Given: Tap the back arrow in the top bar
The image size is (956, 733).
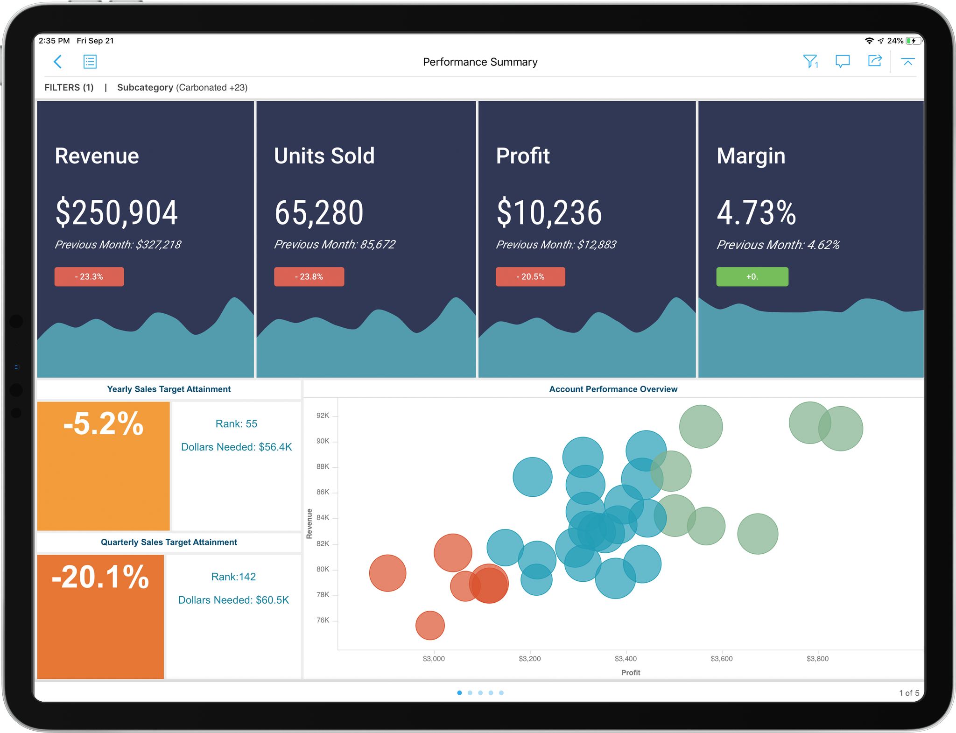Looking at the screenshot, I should (58, 62).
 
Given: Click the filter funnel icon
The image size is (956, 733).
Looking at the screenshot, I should (810, 61).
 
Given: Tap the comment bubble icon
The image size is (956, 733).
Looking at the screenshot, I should (842, 61).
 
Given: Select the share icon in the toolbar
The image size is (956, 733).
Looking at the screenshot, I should (874, 61).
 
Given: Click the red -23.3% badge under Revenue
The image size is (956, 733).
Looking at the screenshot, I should (89, 276).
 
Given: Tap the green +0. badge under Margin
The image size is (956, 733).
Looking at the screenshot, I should (752, 276).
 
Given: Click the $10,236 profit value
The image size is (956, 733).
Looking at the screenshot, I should (549, 213).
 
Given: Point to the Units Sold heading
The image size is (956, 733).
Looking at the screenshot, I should (324, 156).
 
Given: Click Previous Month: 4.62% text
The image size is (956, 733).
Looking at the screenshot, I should (778, 245).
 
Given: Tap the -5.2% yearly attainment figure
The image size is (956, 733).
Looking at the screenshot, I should (103, 424).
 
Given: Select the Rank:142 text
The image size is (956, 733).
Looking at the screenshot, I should (233, 577).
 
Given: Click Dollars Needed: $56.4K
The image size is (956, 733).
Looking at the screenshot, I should (236, 447).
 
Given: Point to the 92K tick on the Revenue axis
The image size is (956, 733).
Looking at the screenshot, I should (323, 416).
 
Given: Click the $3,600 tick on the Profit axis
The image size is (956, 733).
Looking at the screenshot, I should (722, 659).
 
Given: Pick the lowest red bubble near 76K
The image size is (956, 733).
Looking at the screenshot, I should (430, 625).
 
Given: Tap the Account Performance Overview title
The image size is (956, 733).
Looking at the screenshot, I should (613, 389).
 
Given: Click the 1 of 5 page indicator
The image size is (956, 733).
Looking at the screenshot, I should (909, 693).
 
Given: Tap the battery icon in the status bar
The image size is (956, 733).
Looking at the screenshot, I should (913, 41).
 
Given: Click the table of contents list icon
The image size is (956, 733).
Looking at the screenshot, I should (90, 62).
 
